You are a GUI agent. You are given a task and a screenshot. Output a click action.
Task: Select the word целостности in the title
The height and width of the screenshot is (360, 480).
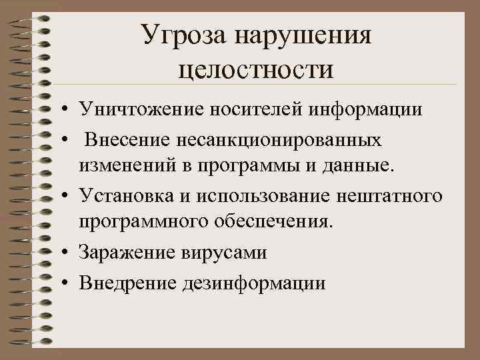(256, 67)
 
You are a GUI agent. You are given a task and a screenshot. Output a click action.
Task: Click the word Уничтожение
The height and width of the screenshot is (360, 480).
(136, 109)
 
